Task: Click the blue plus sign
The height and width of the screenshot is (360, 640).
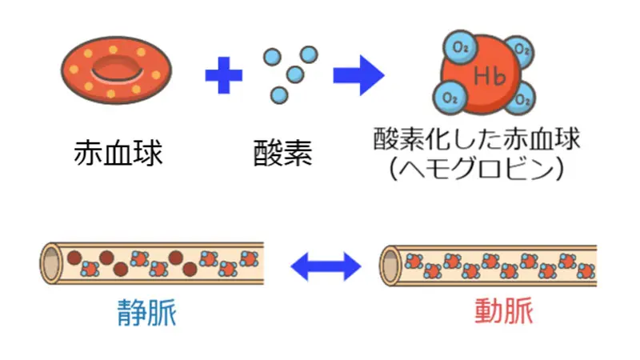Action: coord(223,76)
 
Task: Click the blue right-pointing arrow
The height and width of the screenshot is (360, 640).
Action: coord(358,76)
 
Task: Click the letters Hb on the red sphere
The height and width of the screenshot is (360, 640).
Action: coord(486,78)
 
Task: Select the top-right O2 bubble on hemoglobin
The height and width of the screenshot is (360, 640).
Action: coord(522,49)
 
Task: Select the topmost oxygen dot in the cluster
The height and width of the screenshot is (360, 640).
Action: coord(308,54)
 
